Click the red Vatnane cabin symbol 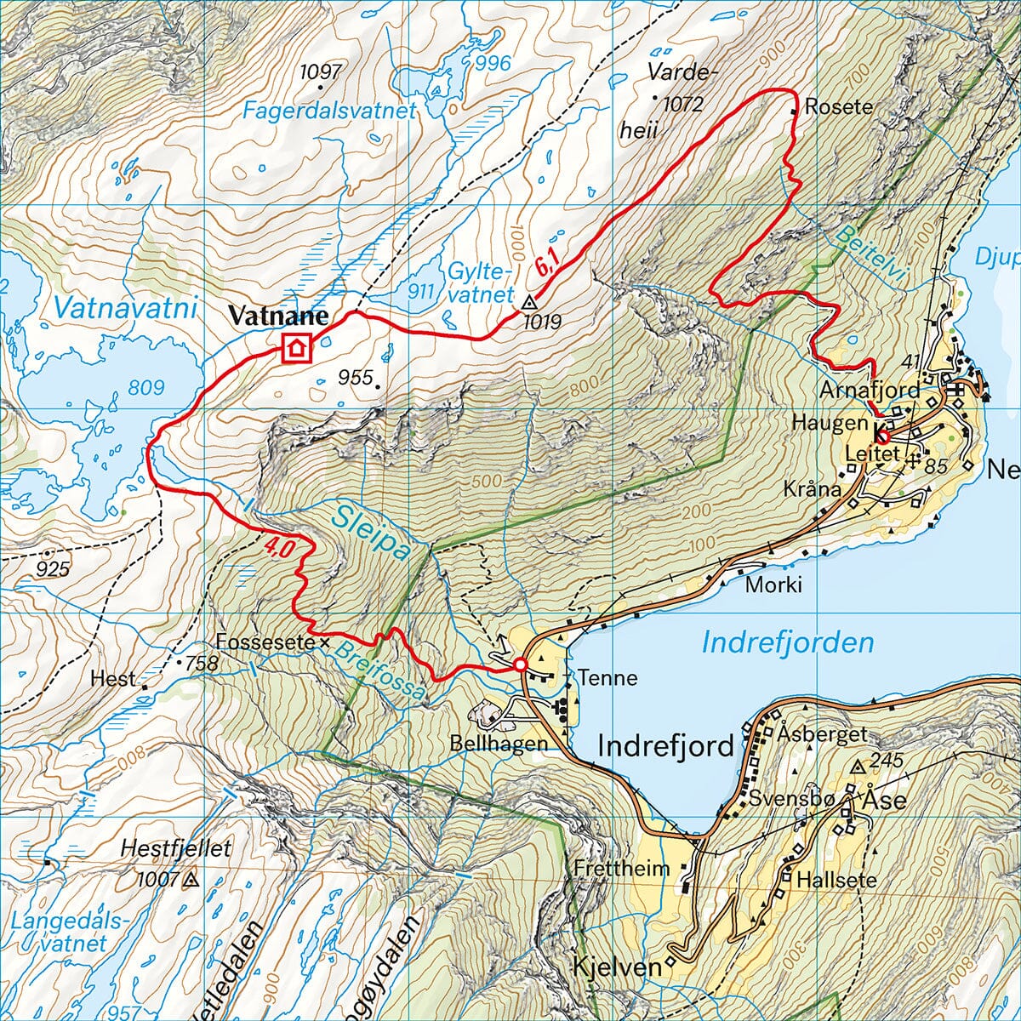[x=296, y=348]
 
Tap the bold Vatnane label [x=277, y=317]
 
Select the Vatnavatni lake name [x=124, y=307]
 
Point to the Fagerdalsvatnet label [x=329, y=111]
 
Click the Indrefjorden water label [x=788, y=642]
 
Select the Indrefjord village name [x=665, y=746]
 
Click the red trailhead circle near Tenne [x=520, y=665]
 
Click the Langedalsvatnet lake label [x=60, y=932]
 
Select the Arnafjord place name [x=870, y=390]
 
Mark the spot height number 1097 [x=321, y=71]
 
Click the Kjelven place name [x=618, y=967]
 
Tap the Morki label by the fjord [x=773, y=585]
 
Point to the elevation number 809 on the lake [x=145, y=388]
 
